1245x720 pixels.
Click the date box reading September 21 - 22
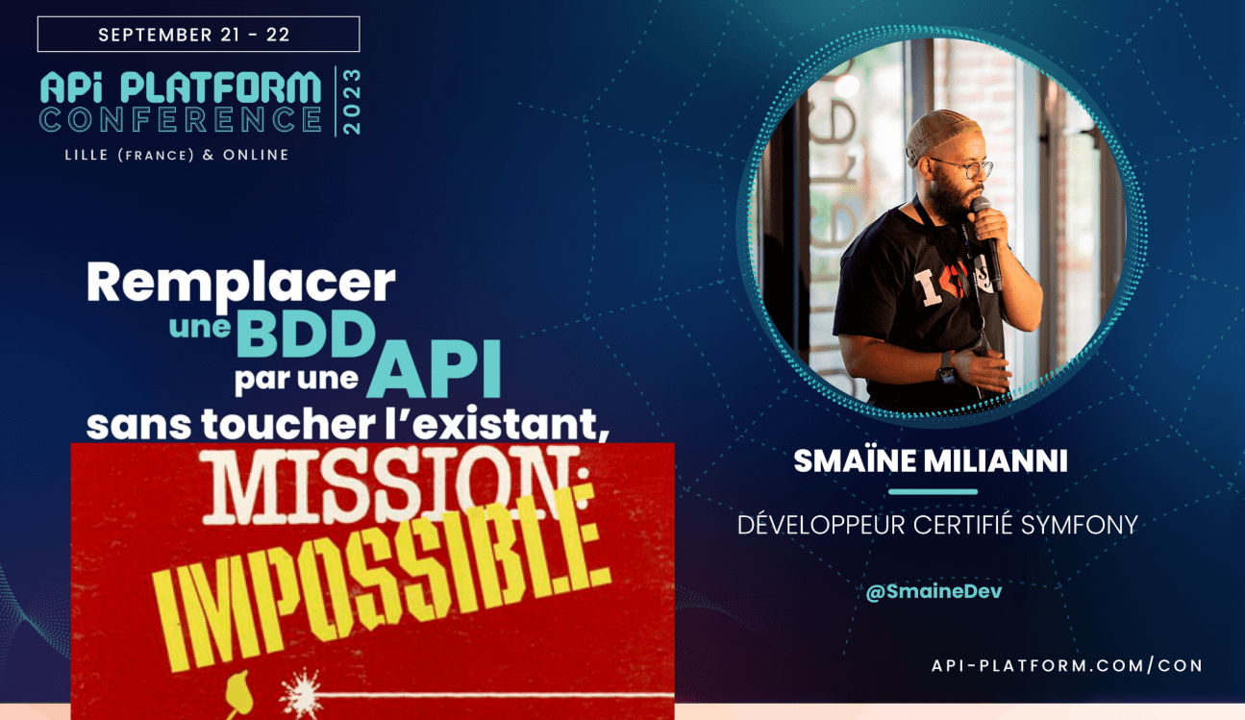198,35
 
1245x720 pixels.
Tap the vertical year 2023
353,101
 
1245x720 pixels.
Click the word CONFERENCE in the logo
181,119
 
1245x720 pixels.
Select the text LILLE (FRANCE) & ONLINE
177,155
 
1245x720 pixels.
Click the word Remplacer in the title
240,284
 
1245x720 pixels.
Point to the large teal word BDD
307,335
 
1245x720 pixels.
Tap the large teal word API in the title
435,370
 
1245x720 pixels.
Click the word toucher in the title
287,424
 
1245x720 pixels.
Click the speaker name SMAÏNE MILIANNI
931,460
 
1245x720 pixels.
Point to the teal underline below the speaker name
934,491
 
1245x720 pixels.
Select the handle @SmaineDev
934,591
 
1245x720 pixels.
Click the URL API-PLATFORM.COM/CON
1067,665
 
